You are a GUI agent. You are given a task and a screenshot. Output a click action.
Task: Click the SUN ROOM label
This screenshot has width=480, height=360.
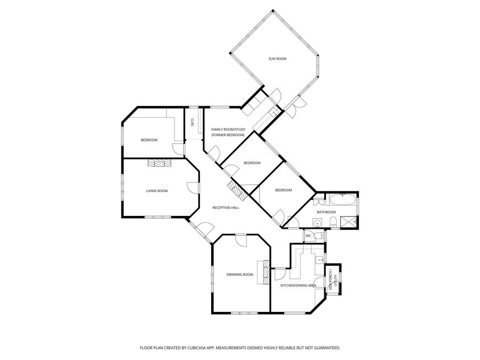(277, 59)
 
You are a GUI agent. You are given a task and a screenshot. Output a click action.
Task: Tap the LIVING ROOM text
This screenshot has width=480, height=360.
(157, 191)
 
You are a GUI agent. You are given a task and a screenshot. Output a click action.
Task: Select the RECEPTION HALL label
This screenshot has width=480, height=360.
(226, 207)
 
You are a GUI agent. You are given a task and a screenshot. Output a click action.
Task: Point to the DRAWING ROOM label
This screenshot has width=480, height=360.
(240, 275)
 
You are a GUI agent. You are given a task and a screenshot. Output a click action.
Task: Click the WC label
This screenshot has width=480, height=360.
(308, 235)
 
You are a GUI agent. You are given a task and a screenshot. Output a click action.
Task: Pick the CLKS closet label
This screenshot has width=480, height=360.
(192, 122)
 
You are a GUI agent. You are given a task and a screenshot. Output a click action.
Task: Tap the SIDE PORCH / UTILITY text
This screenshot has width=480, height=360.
(331, 281)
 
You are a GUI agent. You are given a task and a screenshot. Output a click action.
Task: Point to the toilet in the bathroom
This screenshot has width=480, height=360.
(332, 221)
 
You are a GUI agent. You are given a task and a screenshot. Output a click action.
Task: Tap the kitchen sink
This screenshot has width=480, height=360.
(318, 260)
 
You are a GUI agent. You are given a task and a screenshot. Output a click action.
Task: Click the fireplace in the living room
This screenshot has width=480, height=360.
(159, 163)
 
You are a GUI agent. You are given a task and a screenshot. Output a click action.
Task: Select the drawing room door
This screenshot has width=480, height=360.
(242, 239)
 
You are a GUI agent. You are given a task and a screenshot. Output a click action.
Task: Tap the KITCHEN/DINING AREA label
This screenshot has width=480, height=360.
(299, 286)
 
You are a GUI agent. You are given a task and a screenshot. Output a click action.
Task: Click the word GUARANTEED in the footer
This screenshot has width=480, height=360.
(326, 348)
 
